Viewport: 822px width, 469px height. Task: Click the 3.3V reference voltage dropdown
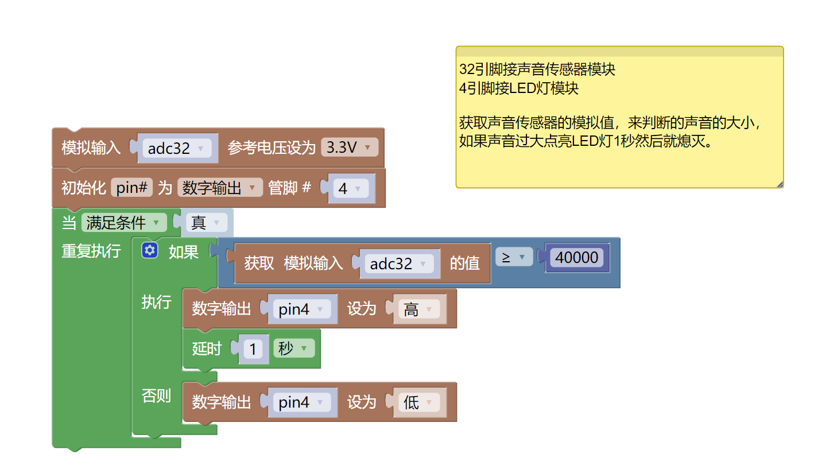[x=349, y=148]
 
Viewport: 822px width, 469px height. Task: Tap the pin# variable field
[x=132, y=188]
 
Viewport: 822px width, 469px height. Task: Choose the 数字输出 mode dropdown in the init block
[x=219, y=188]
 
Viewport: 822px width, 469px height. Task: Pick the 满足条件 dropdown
[x=124, y=223]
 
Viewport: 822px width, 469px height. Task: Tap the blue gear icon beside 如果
[x=150, y=251]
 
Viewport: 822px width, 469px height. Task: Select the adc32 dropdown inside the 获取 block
[x=398, y=263]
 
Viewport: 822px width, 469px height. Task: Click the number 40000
[x=576, y=258]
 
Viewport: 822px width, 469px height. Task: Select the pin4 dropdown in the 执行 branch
[x=301, y=309]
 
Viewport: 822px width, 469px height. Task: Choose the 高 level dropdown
[x=418, y=309]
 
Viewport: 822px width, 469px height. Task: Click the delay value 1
[x=253, y=348]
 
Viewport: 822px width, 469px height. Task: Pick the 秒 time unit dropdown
[x=294, y=348]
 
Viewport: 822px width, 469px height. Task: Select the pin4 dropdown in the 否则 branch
[x=301, y=402]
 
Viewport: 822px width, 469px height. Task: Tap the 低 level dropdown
[x=418, y=402]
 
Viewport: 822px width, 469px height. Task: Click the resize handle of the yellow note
[x=780, y=184]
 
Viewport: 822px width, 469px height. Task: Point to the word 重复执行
[x=91, y=251]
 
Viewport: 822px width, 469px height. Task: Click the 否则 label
[x=156, y=396]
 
